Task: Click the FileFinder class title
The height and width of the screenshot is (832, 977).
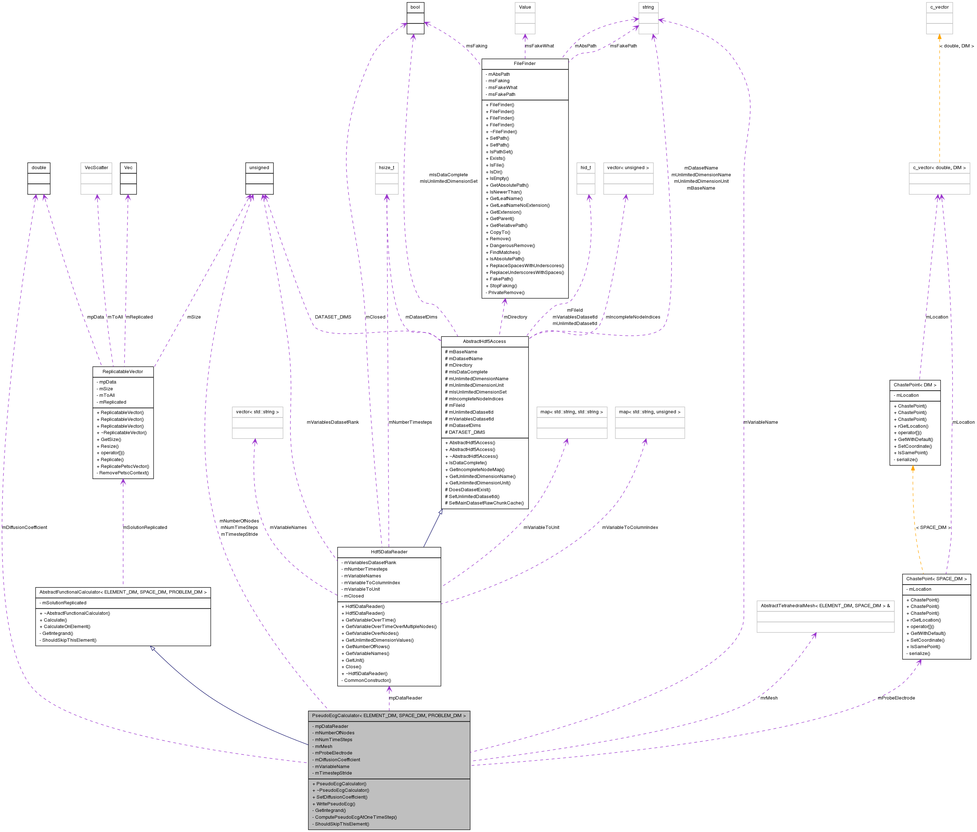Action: (x=524, y=64)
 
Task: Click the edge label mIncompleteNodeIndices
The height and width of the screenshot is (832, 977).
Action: (x=632, y=317)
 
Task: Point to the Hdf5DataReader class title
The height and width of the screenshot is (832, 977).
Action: (x=389, y=552)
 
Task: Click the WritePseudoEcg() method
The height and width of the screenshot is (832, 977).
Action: (x=333, y=804)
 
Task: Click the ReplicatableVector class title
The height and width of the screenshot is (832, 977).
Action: (x=123, y=372)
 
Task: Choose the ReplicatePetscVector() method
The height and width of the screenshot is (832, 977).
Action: (x=123, y=466)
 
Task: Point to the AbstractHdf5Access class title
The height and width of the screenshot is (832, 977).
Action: (x=484, y=341)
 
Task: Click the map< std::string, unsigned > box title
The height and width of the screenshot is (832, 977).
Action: (x=649, y=412)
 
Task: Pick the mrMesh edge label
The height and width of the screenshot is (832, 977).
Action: (x=768, y=698)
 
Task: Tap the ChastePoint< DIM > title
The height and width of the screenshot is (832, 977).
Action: (x=915, y=385)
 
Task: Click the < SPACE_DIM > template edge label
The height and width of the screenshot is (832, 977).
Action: (x=933, y=527)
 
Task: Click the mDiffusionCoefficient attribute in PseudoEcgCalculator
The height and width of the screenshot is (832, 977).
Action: (x=336, y=760)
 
